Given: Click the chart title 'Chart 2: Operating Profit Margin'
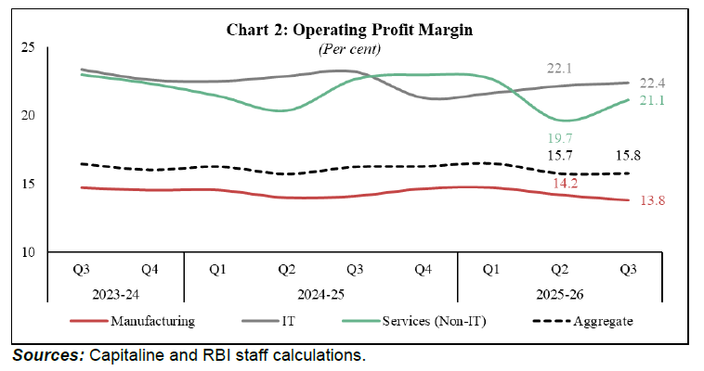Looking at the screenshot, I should [350, 30].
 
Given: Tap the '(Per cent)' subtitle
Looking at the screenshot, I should [350, 47].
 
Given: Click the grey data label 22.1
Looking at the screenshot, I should [556, 69].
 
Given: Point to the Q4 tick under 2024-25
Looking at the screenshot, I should [424, 270].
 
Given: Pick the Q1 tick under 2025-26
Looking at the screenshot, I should [492, 270].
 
